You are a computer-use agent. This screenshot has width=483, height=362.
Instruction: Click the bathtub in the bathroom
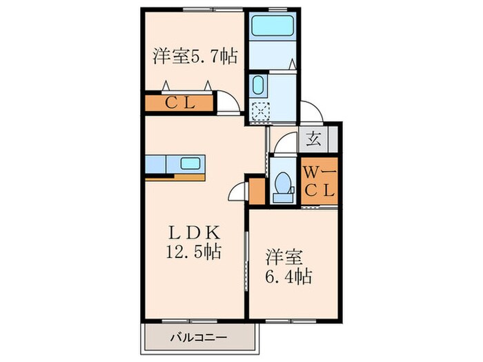click(x=273, y=28)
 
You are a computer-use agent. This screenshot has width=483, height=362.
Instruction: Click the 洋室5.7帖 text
click(x=195, y=56)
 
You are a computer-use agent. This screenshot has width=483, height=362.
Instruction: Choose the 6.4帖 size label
click(x=289, y=277)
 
